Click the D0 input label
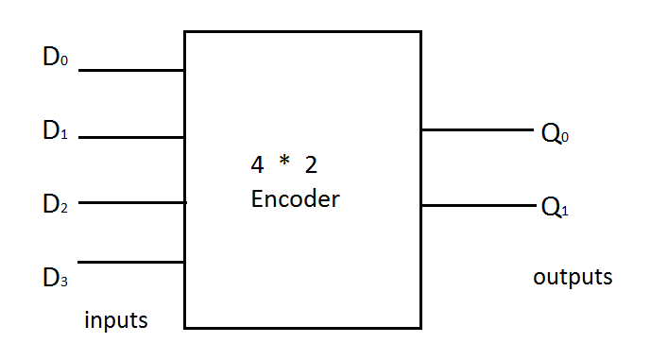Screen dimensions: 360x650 55,58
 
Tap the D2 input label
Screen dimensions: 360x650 55,205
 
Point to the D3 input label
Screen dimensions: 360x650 55,279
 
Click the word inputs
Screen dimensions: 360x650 116,320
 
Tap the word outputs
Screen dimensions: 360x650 573,278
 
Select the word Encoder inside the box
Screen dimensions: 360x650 295,200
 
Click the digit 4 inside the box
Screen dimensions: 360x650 257,165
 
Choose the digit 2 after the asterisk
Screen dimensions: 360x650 311,165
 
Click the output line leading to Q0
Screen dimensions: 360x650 477,130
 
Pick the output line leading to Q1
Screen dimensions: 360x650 477,204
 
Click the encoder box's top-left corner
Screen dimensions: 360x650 184,32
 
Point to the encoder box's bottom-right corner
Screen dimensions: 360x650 420,328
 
